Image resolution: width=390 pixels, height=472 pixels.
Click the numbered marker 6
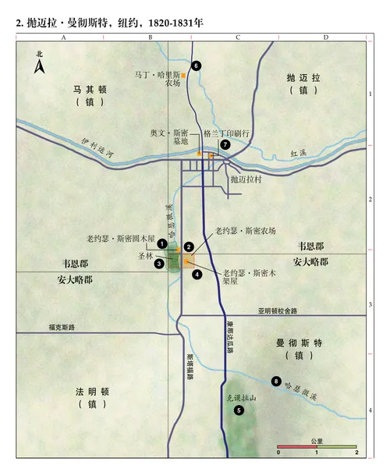tap(197, 66)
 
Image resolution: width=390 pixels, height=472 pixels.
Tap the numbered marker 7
tap(225, 144)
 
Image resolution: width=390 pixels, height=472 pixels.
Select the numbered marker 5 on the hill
tap(238, 409)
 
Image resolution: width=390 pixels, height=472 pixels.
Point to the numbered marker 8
tap(275, 381)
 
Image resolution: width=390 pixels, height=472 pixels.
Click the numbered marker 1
tap(161, 244)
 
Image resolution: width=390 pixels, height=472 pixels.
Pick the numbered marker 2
tap(189, 247)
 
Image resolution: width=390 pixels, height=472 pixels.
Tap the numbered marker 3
tap(159, 264)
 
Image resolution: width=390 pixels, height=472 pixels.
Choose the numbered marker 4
tap(198, 274)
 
